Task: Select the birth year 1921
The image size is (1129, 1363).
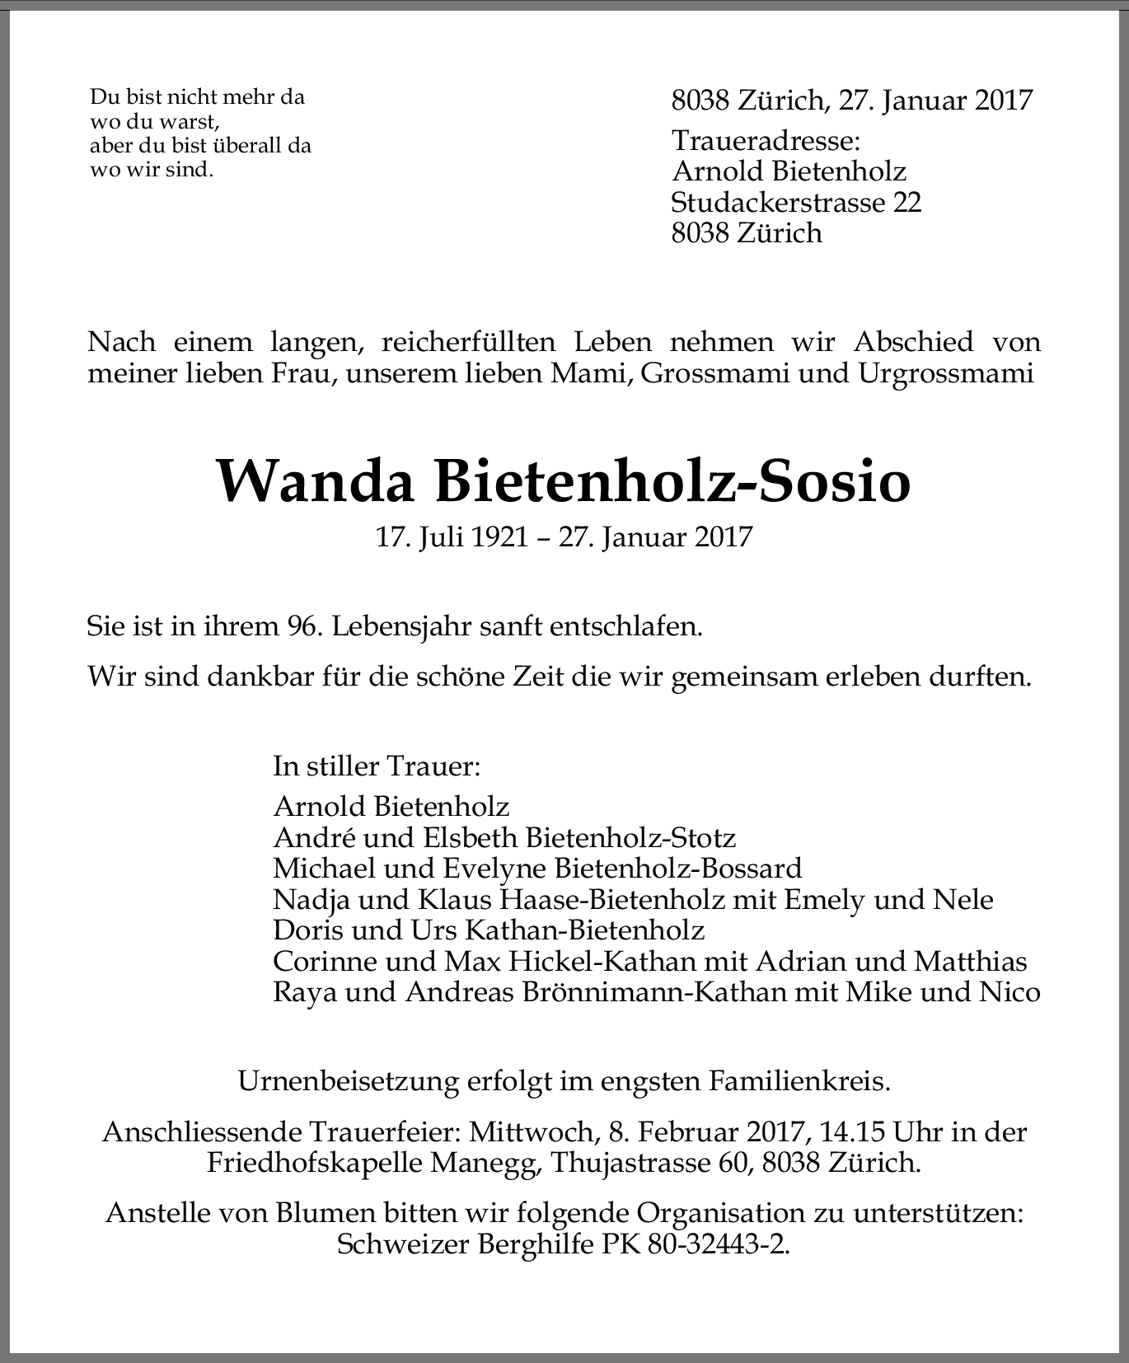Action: click(x=501, y=538)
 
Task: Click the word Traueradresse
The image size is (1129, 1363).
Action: click(x=766, y=141)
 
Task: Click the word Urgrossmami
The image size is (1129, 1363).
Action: click(x=945, y=373)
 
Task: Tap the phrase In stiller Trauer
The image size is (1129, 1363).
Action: click(x=377, y=767)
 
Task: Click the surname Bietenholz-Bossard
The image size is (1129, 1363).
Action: click(x=678, y=869)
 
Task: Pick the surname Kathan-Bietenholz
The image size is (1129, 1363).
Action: click(x=585, y=930)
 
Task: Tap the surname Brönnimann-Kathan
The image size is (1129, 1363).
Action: click(x=655, y=991)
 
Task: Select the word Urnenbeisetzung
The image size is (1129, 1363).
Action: click(x=348, y=1080)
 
